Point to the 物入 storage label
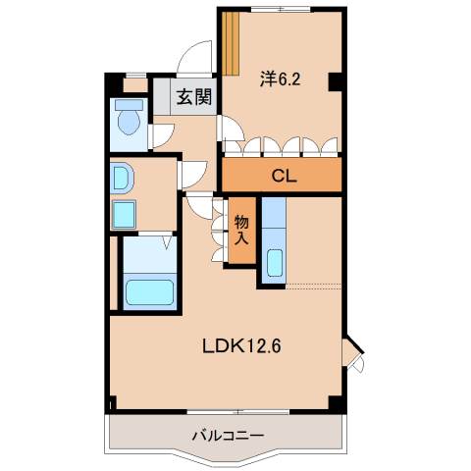tap(241, 230)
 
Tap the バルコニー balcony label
tap(225, 433)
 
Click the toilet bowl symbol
tap(128, 122)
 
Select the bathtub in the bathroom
tap(149, 292)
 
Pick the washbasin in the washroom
tap(122, 178)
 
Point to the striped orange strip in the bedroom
tap(233, 43)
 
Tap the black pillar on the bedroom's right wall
tap(336, 82)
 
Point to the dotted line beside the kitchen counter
tap(314, 287)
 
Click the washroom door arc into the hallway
tap(190, 173)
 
